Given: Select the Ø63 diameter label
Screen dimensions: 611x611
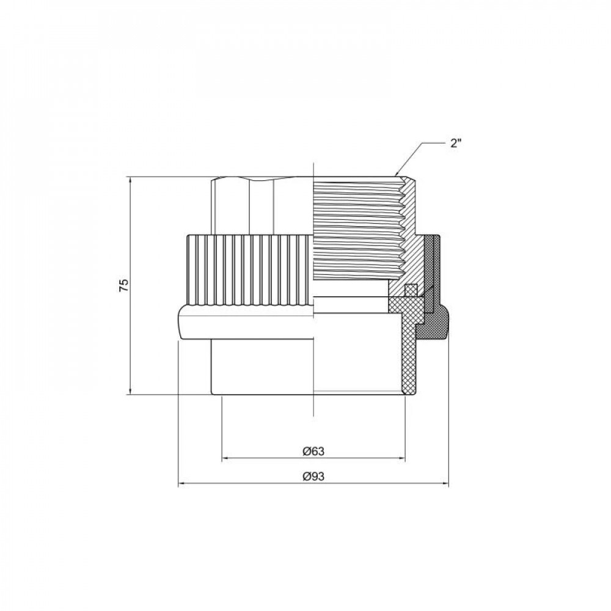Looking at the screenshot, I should tap(313, 452).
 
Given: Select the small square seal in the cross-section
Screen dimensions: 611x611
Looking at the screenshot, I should tap(411, 290).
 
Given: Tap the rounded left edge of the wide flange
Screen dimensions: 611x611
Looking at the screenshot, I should tap(181, 323).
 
